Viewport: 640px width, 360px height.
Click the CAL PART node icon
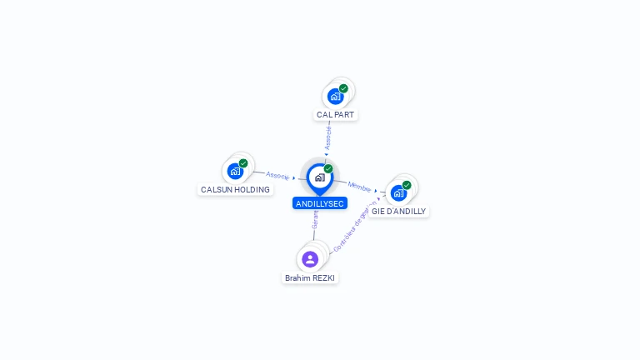click(x=335, y=96)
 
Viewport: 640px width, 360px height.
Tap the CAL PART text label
click(x=336, y=114)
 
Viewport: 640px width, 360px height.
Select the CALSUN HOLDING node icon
click(x=235, y=172)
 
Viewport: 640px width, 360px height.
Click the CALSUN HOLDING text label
click(x=236, y=190)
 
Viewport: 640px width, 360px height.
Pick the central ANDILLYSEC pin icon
click(x=319, y=177)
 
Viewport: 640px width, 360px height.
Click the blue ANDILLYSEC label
click(x=320, y=203)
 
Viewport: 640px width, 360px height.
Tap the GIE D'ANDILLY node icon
click(x=398, y=193)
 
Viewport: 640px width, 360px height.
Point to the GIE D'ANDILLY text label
click(x=399, y=212)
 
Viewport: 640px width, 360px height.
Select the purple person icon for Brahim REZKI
click(x=310, y=259)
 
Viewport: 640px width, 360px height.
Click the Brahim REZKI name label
click(x=311, y=278)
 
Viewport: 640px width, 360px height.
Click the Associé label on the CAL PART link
click(x=328, y=137)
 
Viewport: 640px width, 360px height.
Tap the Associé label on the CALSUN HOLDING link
click(x=277, y=176)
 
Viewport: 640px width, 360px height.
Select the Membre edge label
click(x=359, y=187)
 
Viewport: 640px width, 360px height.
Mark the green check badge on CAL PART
click(x=343, y=88)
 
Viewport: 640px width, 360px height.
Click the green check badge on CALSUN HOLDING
click(x=243, y=163)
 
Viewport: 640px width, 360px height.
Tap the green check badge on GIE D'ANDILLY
click(x=407, y=185)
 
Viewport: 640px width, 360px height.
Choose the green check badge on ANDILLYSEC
click(x=328, y=168)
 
